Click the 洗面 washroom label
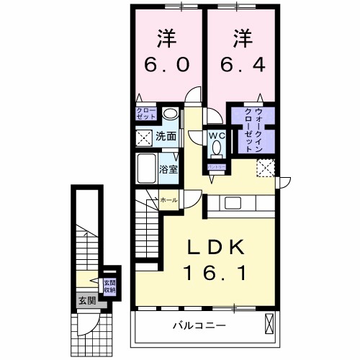pos(166,135)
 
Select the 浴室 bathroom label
pos(169,170)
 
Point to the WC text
pos(217,135)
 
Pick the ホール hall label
pos(168,199)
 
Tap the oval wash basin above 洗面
pos(170,114)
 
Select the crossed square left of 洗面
pos(144,137)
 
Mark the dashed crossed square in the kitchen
pos(265,167)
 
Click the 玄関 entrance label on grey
pos(86,301)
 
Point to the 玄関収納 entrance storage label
pos(109,286)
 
